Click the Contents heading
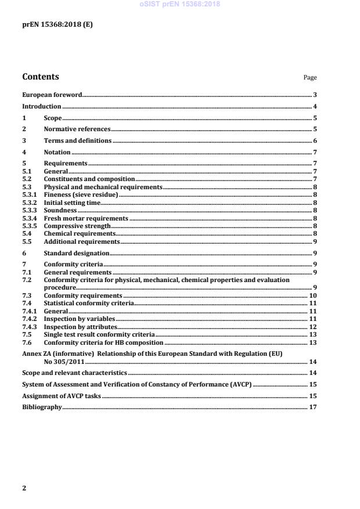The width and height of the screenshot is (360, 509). coord(40,77)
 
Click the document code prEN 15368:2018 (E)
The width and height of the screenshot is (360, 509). coord(57,25)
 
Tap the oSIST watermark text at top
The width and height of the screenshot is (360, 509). coord(179,4)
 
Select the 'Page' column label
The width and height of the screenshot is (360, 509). coord(310,78)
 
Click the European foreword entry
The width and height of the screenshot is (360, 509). coord(52,95)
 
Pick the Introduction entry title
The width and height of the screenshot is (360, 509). coord(41,107)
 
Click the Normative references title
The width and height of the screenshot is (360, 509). coord(77,129)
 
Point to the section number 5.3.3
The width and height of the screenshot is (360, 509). coord(30,210)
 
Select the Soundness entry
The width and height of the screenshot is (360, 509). coord(60,210)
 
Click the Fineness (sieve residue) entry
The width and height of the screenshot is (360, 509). coord(81,195)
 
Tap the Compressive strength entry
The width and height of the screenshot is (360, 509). coord(77,226)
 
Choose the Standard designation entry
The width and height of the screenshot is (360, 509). coord(76,254)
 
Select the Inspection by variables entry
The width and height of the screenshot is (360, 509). coord(80,319)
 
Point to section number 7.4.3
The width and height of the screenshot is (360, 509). coord(30,327)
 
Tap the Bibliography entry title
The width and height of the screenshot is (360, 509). coord(41,407)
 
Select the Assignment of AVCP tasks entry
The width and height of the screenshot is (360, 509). coord(61,396)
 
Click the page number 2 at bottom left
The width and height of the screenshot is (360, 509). coord(24,488)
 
